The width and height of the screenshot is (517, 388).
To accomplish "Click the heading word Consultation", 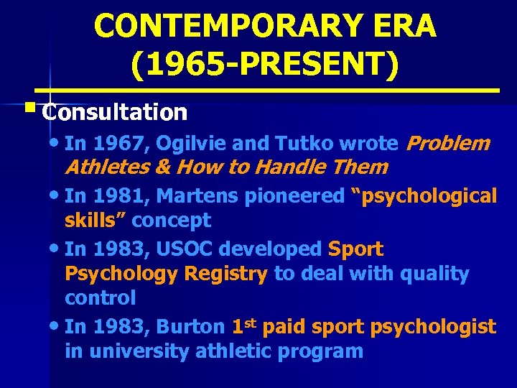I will click(115, 113).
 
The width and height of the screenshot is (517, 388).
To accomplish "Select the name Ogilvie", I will click(177, 144).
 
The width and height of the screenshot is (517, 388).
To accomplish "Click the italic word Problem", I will click(448, 144).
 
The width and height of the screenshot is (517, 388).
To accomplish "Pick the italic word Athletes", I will click(106, 168).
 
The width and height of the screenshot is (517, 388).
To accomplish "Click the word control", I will click(100, 297).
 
